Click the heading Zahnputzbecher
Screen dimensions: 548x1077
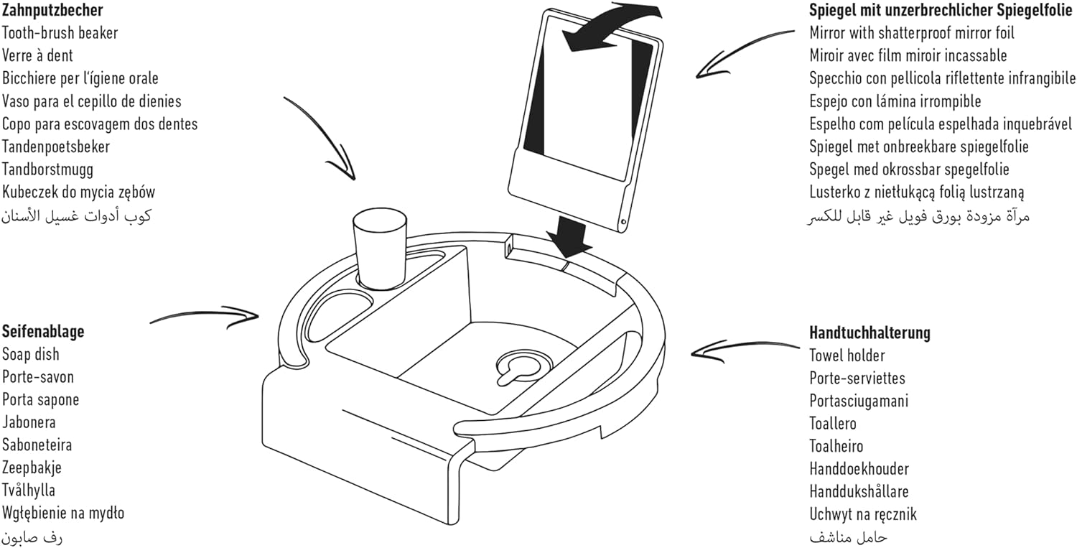(52, 11)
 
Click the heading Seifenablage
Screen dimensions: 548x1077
(43, 332)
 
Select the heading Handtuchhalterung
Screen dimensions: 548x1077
(869, 333)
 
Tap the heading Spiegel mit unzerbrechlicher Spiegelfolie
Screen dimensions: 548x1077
(941, 11)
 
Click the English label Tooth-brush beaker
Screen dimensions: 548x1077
(60, 33)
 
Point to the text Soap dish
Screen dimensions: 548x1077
(31, 355)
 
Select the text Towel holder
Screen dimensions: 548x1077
(847, 356)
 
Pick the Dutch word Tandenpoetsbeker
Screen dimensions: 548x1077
(56, 147)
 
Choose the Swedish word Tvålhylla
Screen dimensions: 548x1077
(29, 491)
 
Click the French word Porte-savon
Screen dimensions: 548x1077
(38, 378)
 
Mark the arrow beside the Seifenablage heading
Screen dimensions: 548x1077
(205, 317)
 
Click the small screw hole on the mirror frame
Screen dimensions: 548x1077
(623, 221)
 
